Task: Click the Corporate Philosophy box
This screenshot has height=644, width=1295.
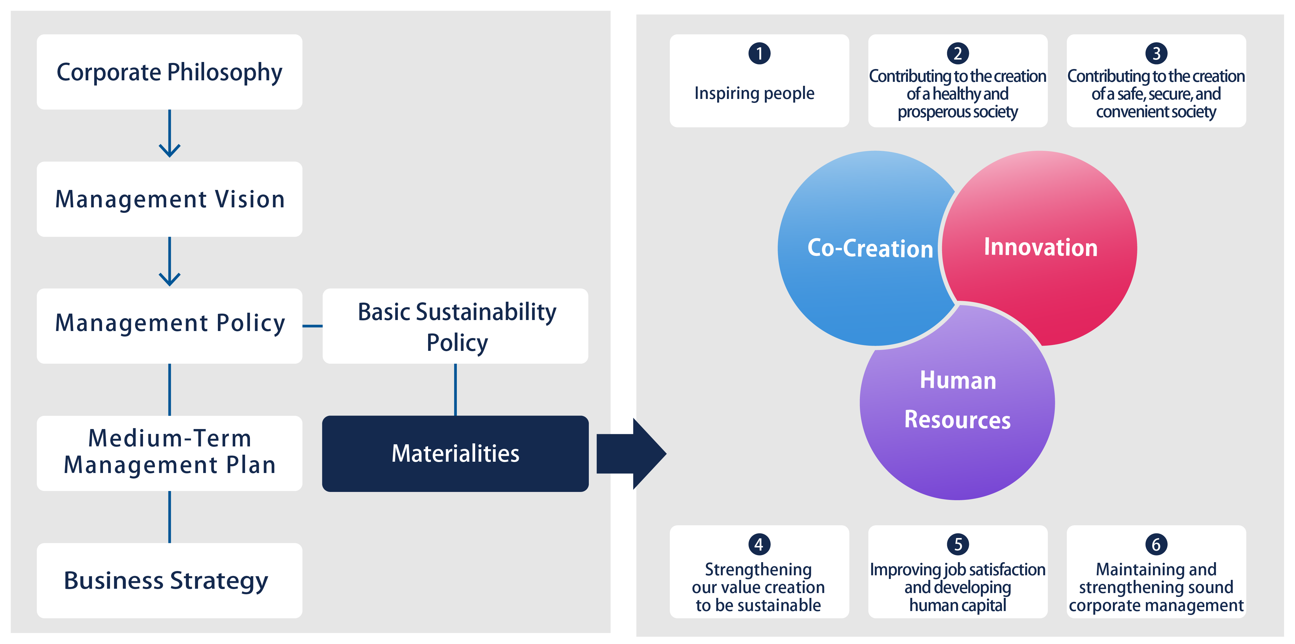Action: click(x=169, y=72)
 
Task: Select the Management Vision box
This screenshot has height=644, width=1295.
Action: click(x=169, y=199)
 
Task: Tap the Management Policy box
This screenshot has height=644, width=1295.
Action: click(x=169, y=326)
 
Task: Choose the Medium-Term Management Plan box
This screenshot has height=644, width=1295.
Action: click(x=169, y=453)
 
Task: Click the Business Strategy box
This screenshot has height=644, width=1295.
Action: click(x=169, y=580)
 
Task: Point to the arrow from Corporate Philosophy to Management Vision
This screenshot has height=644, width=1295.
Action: click(x=169, y=133)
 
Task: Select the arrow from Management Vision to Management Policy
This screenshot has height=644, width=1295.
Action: click(x=169, y=261)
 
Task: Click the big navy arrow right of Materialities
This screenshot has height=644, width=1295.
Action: click(x=631, y=454)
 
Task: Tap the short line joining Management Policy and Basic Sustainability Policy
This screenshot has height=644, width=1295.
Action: click(x=313, y=326)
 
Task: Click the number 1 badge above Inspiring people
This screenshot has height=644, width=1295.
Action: click(x=759, y=53)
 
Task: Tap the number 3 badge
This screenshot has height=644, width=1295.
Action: click(x=1156, y=53)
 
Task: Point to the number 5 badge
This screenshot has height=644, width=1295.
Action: click(x=958, y=544)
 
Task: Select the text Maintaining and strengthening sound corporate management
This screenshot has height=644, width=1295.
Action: click(x=1156, y=587)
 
